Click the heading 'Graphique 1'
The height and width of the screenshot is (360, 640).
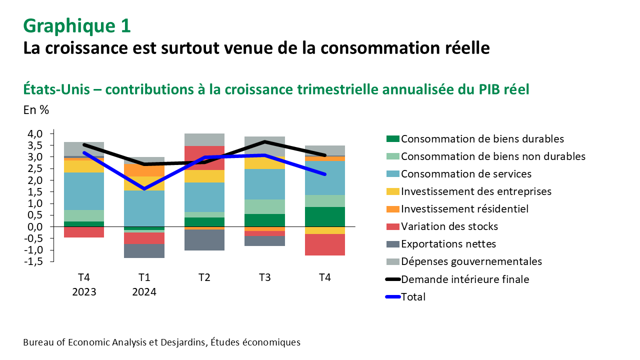(x=77, y=26)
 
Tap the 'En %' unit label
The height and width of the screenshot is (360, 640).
(x=36, y=110)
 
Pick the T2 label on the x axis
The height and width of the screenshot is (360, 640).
(x=204, y=277)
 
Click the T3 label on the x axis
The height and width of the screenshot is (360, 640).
(x=264, y=277)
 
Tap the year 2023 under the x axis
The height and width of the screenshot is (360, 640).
(x=84, y=291)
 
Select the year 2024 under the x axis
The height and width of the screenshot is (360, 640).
(x=144, y=291)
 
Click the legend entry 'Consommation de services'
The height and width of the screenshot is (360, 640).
(x=466, y=174)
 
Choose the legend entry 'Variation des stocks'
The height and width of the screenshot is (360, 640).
(x=449, y=226)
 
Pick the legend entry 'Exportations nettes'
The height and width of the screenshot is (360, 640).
(x=448, y=244)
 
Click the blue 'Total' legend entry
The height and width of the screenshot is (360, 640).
(x=413, y=297)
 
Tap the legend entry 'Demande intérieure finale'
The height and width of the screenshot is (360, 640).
(x=465, y=279)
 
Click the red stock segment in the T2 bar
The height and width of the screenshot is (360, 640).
(x=204, y=157)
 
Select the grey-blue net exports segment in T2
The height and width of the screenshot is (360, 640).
(x=204, y=240)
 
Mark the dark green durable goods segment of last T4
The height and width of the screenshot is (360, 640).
(x=325, y=216)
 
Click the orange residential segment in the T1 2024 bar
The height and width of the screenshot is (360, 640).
(x=144, y=170)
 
